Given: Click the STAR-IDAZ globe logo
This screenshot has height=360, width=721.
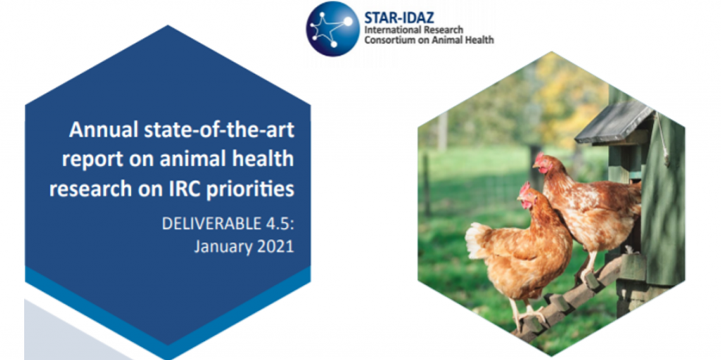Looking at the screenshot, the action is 333,29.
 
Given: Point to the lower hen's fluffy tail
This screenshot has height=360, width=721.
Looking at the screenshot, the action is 477,240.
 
